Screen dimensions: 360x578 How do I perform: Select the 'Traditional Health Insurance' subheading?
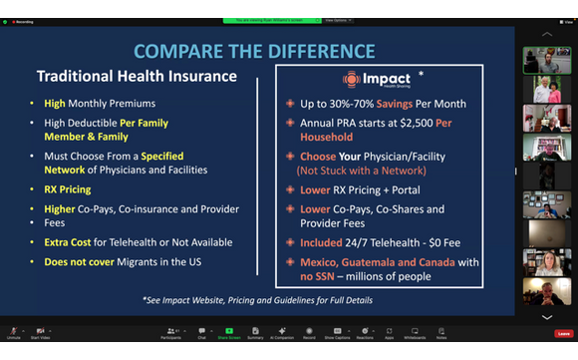[x=137, y=76]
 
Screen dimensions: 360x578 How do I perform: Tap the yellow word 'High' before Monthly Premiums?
[x=54, y=103]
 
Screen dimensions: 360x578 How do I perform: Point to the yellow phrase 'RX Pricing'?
[x=68, y=189]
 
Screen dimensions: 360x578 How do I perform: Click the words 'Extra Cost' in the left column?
[x=68, y=242]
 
